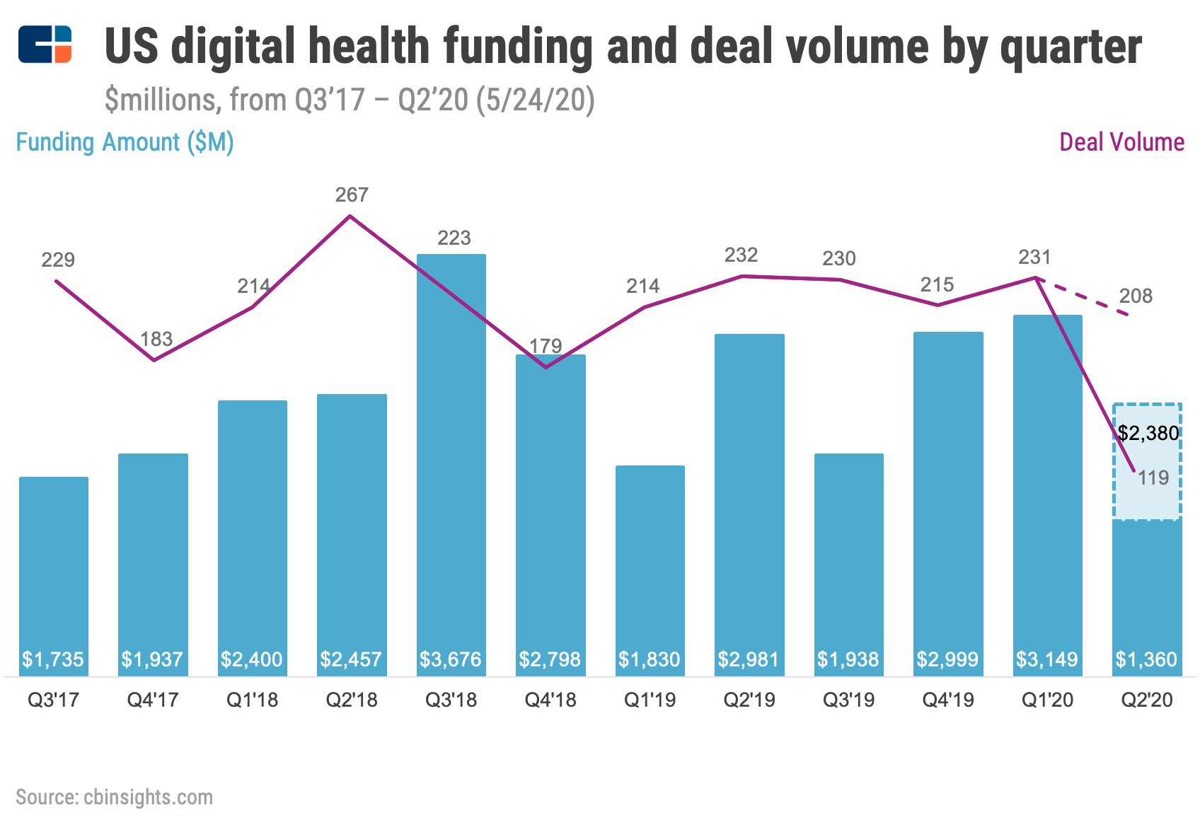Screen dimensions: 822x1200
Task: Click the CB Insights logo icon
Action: pos(45,45)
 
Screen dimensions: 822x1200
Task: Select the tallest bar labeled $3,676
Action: pos(451,453)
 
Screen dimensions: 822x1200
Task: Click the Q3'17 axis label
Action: pos(53,700)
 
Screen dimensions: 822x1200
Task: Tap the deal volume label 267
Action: pos(352,195)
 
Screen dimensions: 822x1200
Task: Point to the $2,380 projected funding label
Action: pos(1148,433)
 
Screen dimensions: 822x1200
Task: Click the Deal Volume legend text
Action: pos(1121,142)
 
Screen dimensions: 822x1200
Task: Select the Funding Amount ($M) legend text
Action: pos(125,142)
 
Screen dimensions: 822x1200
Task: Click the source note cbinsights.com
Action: pos(114,797)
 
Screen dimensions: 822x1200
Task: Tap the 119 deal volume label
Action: pos(1153,478)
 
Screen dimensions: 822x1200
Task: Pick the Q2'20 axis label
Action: pos(1146,700)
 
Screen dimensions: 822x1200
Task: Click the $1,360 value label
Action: pos(1146,660)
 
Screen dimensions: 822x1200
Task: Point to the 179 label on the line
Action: pos(546,346)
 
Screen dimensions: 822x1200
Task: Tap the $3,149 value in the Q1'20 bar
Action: pos(1046,660)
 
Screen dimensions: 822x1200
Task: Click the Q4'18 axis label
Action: pos(550,700)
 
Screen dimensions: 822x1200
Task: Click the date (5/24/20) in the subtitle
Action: pos(535,100)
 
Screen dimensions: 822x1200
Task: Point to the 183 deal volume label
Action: pos(156,339)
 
